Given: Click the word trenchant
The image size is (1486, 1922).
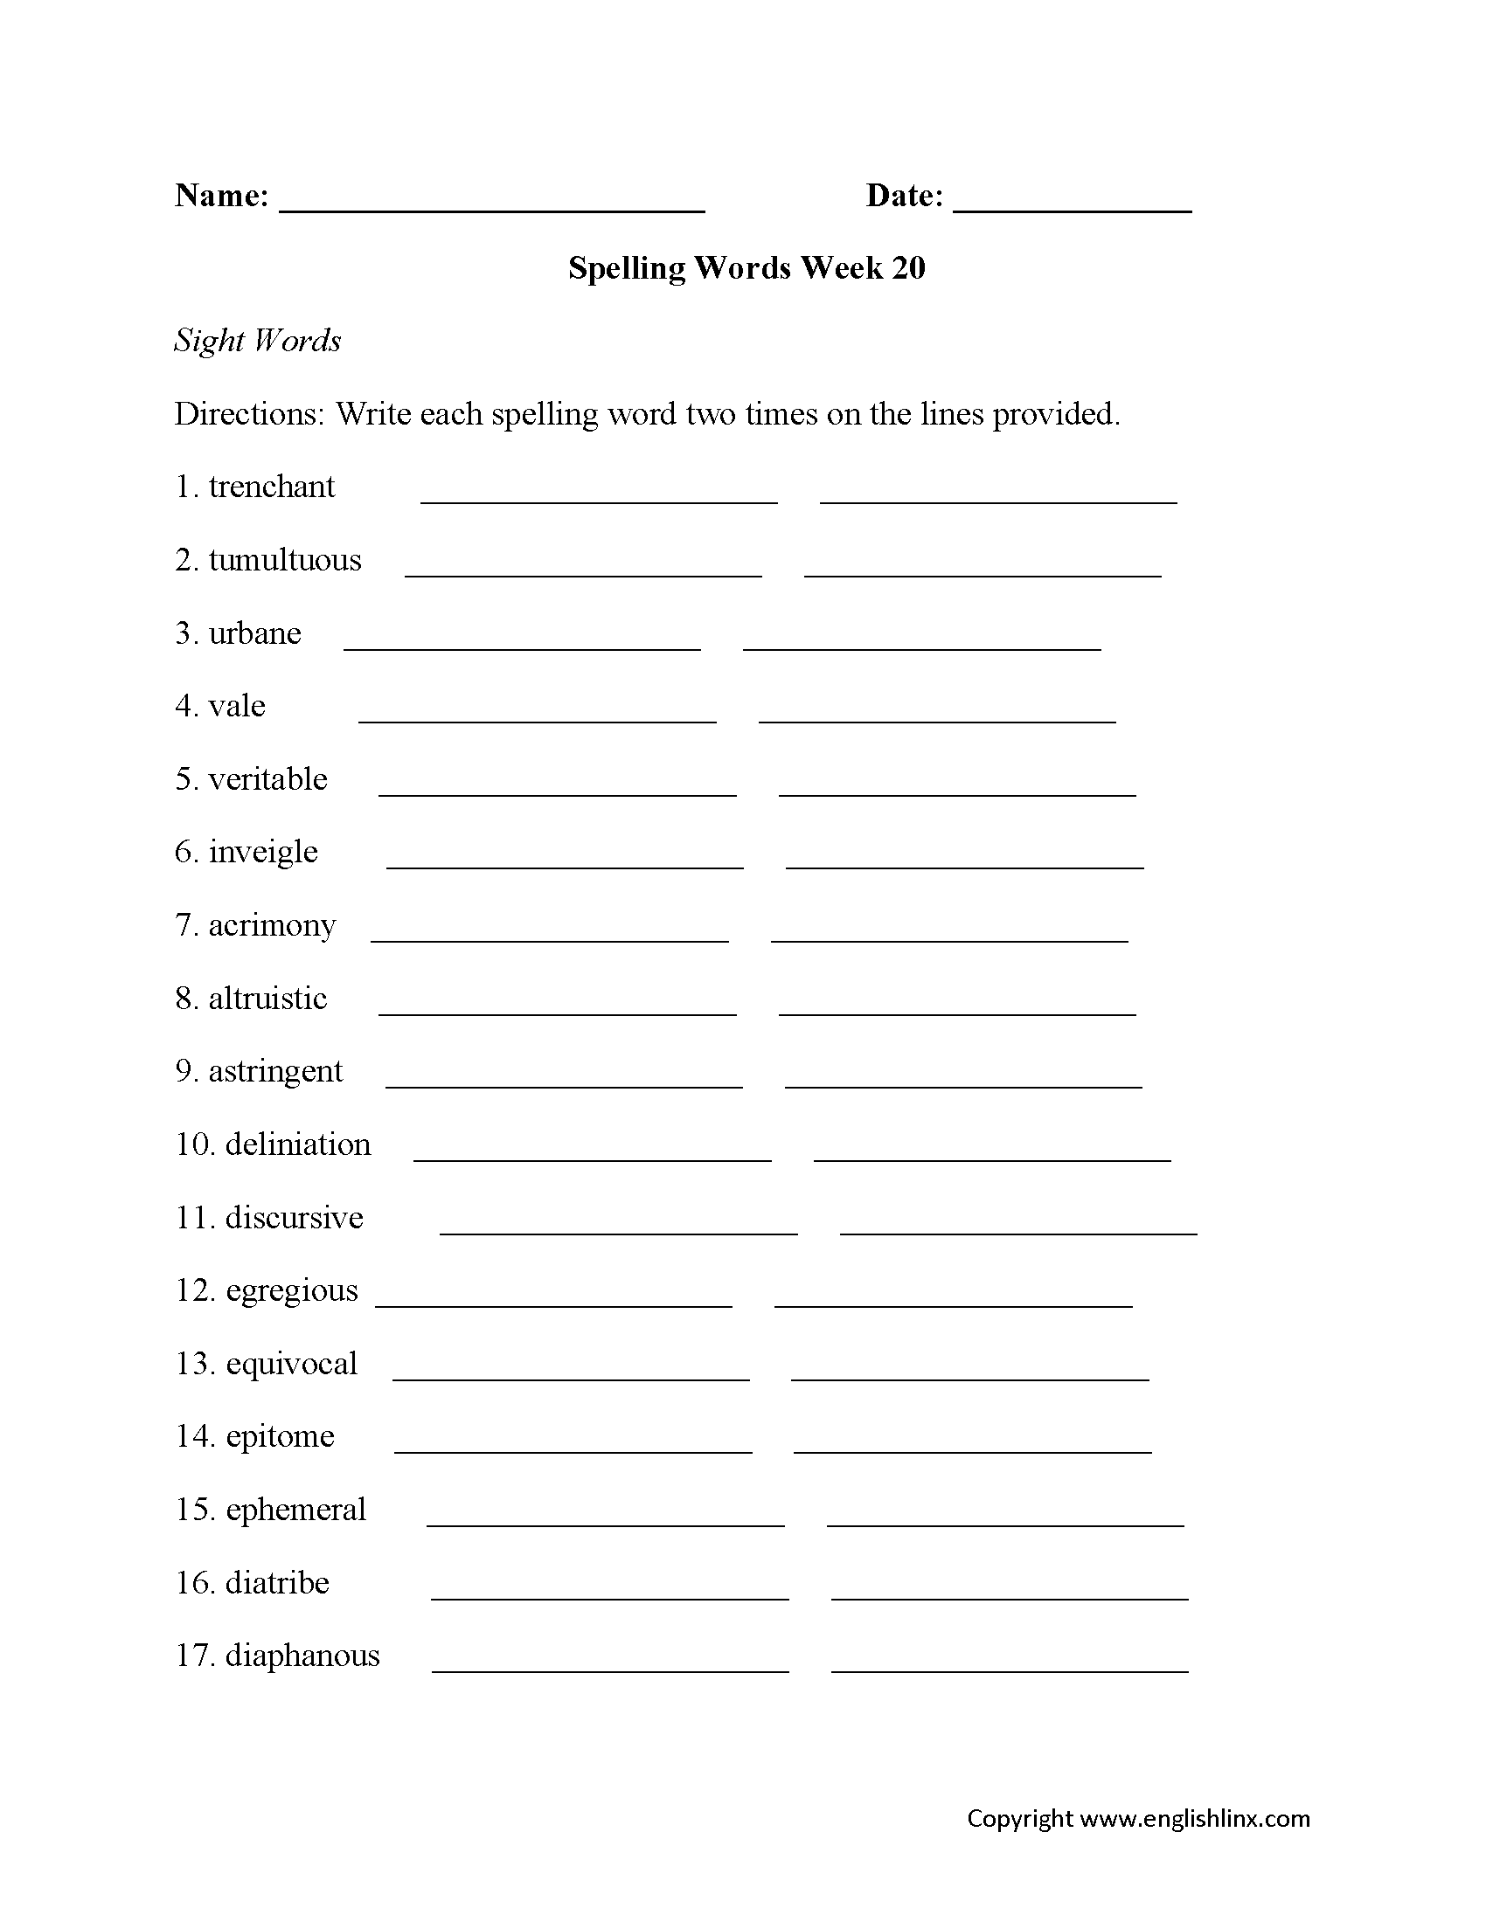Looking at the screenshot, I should click(x=271, y=487).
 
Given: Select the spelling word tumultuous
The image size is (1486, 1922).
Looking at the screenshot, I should click(x=284, y=560).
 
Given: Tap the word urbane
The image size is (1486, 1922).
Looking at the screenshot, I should click(x=254, y=633).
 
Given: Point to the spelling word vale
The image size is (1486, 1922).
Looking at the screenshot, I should click(x=237, y=706).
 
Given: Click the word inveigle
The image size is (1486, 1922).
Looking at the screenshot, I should click(x=262, y=852).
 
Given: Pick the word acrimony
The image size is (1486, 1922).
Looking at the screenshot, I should click(x=271, y=925).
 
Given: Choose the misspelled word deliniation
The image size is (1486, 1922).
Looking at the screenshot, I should click(x=297, y=1144).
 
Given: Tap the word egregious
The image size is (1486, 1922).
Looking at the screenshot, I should click(x=291, y=1290).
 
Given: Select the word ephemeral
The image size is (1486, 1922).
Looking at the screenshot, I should click(x=295, y=1510).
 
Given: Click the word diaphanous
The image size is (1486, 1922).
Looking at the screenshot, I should click(x=302, y=1656).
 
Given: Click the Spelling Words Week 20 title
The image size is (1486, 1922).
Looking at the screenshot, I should click(x=746, y=267).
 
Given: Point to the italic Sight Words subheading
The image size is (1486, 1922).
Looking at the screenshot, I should click(x=257, y=341).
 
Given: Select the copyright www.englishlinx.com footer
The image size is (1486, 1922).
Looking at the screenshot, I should click(x=1137, y=1818).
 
